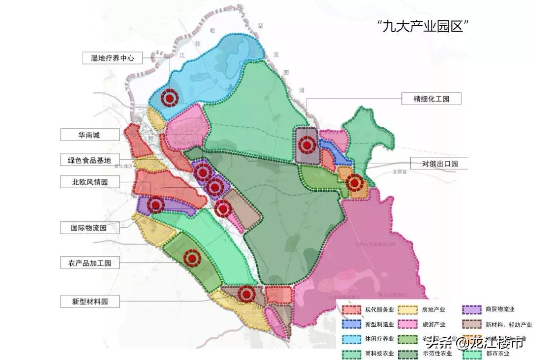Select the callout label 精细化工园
tap(431, 99)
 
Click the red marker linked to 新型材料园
tap(245, 294)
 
